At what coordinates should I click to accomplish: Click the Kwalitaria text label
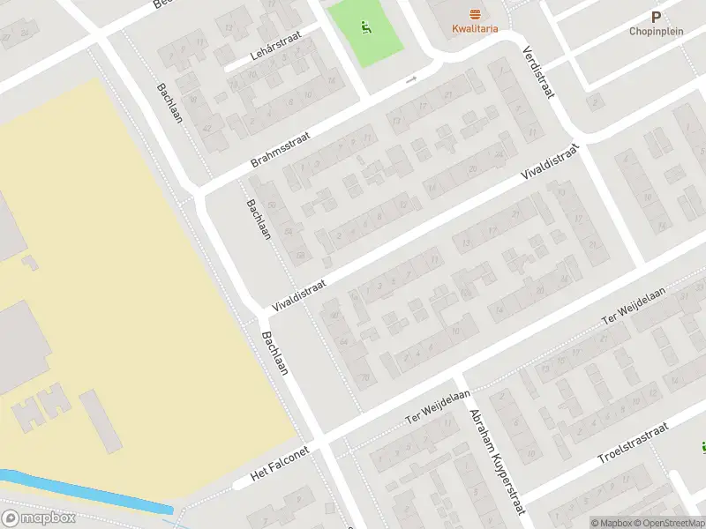point(475,28)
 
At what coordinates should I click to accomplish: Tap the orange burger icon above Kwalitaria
point(475,12)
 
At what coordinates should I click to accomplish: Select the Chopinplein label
point(655,31)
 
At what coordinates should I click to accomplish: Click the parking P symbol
point(655,16)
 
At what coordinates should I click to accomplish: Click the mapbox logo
point(37,518)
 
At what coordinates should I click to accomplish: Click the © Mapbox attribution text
point(610,523)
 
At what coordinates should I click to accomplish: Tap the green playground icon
point(366,29)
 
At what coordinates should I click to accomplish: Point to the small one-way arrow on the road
point(410,81)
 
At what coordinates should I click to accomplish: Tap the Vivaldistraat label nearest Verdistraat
point(553,165)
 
